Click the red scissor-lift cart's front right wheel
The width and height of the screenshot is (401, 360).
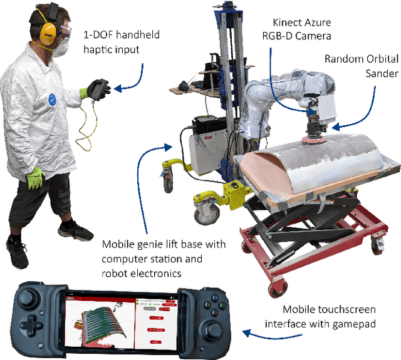coord(276,287)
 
